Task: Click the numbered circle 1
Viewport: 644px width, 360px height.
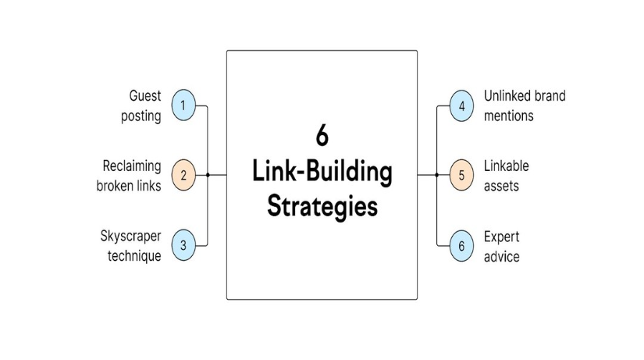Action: pyautogui.click(x=183, y=105)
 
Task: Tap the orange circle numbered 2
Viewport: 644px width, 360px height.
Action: pyautogui.click(x=183, y=175)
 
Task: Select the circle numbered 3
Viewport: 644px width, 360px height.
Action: pyautogui.click(x=183, y=244)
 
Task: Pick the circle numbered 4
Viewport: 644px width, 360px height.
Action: pyautogui.click(x=461, y=105)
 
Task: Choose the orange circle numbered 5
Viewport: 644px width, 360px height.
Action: pyautogui.click(x=461, y=175)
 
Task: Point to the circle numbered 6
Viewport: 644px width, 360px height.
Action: pyautogui.click(x=461, y=244)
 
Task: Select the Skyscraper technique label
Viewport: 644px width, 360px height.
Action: pyautogui.click(x=130, y=245)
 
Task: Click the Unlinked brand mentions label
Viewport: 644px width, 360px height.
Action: pyautogui.click(x=524, y=106)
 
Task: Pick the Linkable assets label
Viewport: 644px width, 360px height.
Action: pyautogui.click(x=506, y=176)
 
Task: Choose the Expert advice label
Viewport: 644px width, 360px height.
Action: pyautogui.click(x=501, y=245)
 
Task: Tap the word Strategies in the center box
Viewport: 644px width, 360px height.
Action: pyautogui.click(x=322, y=206)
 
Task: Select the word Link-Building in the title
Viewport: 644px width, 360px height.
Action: pyautogui.click(x=322, y=172)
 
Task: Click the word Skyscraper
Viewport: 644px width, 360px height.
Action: pyautogui.click(x=130, y=237)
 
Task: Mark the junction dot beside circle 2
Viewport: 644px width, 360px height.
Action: pyautogui.click(x=208, y=175)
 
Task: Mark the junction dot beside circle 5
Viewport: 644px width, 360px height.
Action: pyautogui.click(x=437, y=175)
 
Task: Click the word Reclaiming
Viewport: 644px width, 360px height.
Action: pyautogui.click(x=132, y=166)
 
